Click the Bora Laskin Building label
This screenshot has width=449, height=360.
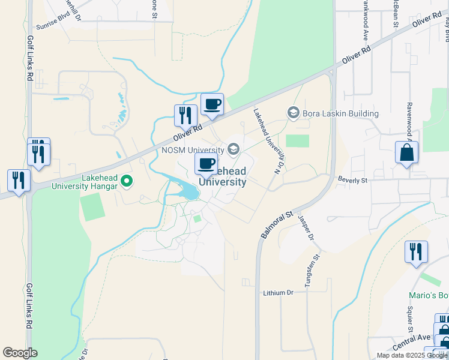341,113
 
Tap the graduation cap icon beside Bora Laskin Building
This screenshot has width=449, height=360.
294,113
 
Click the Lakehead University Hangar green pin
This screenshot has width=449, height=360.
127,180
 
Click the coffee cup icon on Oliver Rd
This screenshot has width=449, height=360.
212,105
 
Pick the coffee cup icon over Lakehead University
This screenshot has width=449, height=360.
206,164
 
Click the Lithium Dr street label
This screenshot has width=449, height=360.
277,293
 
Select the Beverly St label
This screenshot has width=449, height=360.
352,180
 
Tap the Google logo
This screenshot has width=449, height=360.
20,353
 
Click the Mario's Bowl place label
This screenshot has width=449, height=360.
429,295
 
